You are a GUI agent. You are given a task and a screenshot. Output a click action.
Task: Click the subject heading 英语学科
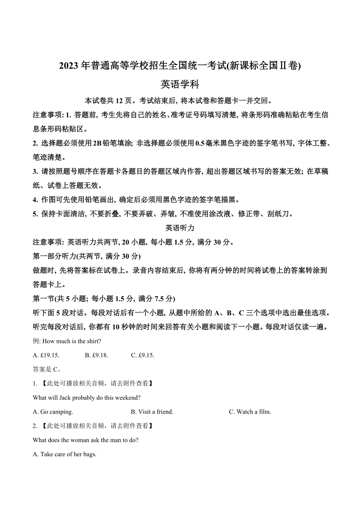(180, 84)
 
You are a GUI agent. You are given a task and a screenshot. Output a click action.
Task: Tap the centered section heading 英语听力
(180, 228)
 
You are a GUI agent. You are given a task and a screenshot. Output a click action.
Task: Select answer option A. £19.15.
(46, 355)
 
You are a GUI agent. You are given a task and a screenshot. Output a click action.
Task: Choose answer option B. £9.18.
(96, 355)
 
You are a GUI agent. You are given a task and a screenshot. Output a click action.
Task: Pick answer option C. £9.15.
(143, 355)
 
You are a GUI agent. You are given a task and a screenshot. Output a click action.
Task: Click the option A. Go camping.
(53, 412)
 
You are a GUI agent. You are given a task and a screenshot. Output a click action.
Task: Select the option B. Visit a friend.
(152, 412)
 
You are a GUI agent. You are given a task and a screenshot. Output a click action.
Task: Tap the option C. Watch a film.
(250, 412)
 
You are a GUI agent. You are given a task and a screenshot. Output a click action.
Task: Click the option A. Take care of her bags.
(65, 454)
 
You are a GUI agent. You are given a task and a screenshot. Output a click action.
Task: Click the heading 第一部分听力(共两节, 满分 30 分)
(86, 256)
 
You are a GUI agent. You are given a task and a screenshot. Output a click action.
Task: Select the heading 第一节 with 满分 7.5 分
(104, 299)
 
